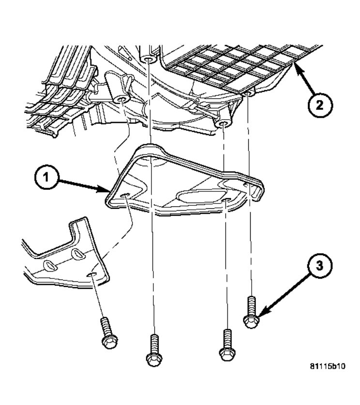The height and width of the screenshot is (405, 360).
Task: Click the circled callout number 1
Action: pyautogui.click(x=46, y=178)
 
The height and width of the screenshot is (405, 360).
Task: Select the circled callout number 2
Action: pyautogui.click(x=320, y=105)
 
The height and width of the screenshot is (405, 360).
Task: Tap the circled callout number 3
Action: pyautogui.click(x=319, y=265)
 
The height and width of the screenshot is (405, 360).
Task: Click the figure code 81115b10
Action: pyautogui.click(x=327, y=366)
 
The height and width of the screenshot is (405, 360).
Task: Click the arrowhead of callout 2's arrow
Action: pyautogui.click(x=296, y=68)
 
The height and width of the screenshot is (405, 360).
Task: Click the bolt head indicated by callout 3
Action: pyautogui.click(x=251, y=322)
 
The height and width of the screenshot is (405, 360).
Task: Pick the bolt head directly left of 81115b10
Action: pyautogui.click(x=227, y=353)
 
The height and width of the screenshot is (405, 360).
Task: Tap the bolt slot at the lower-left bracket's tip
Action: pyautogui.click(x=91, y=275)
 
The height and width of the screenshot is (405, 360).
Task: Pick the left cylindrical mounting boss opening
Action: pyautogui.click(x=121, y=100)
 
